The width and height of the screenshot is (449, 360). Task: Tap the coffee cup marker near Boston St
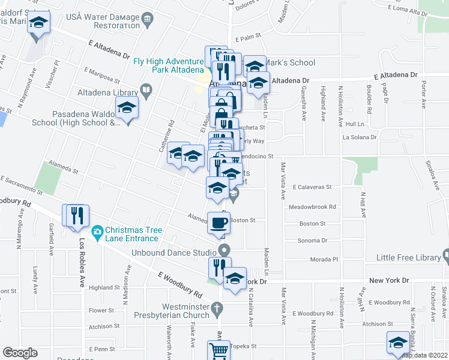pyautogui.click(x=218, y=223)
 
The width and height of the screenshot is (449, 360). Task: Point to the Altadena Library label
pyautogui.click(x=107, y=92)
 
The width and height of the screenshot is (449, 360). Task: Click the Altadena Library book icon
pyautogui.click(x=146, y=91)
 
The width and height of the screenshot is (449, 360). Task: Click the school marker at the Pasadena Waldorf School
pyautogui.click(x=127, y=109)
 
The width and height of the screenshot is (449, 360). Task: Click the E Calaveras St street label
pyautogui.click(x=312, y=187)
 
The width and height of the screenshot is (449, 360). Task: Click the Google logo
pyautogui.click(x=20, y=353)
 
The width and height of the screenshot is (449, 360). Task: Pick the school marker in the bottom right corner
pyautogui.click(x=397, y=343)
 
